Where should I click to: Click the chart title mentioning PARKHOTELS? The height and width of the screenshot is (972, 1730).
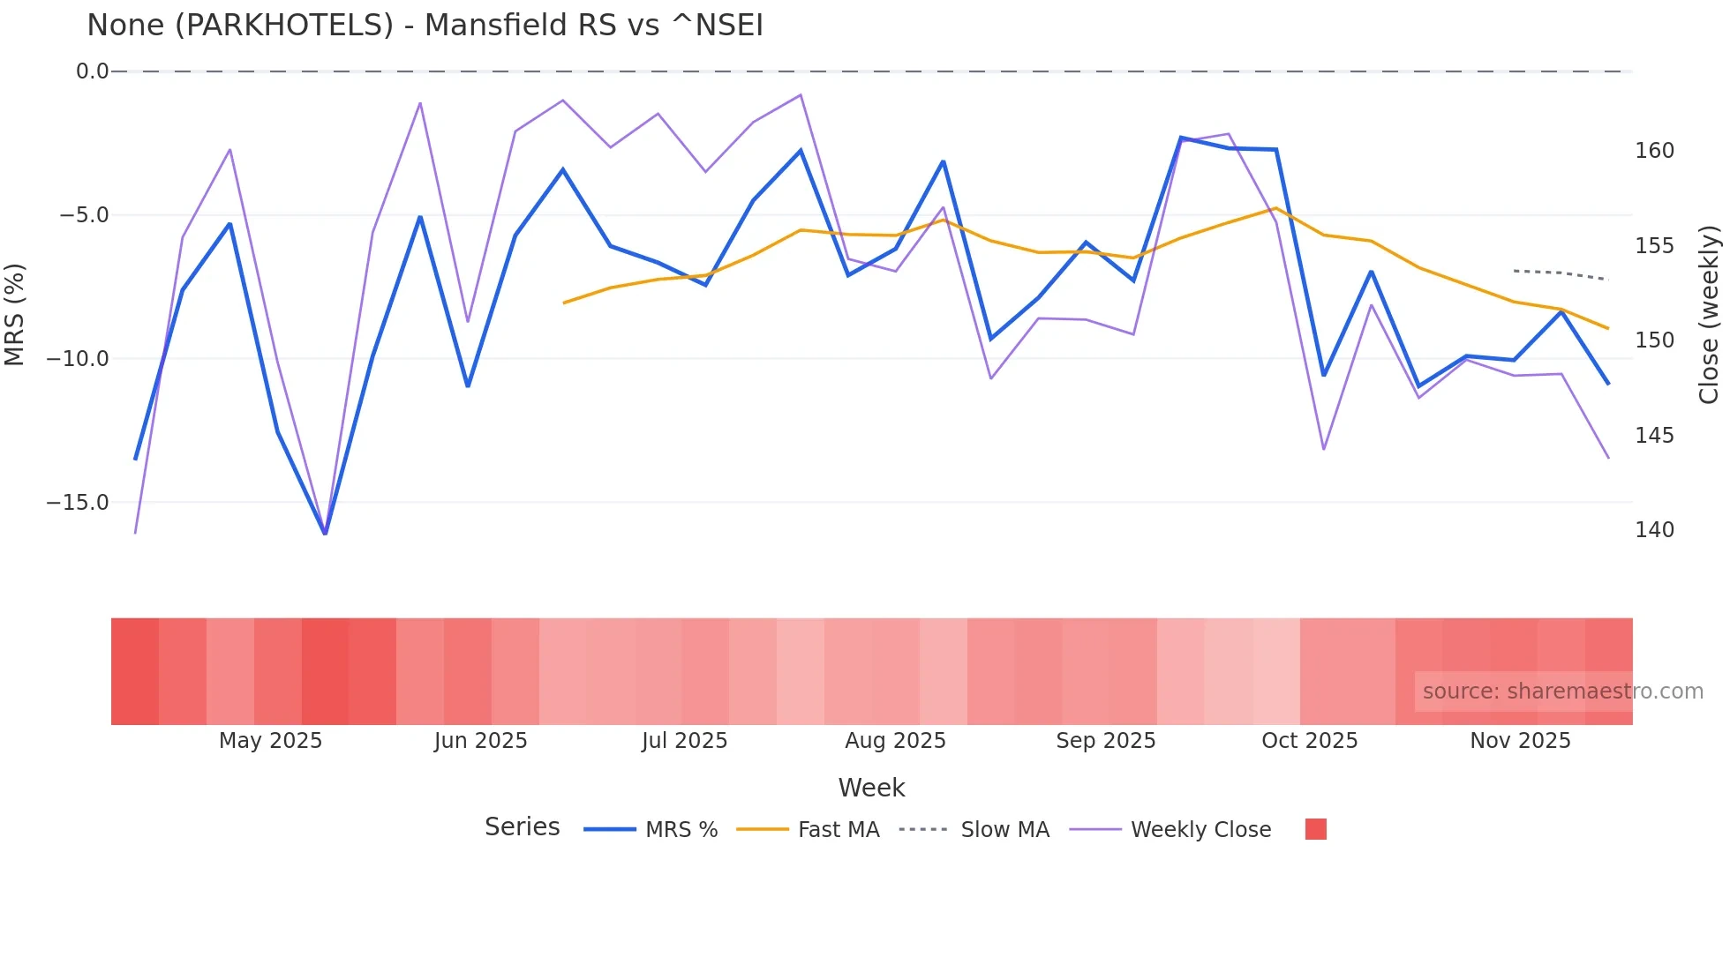point(425,26)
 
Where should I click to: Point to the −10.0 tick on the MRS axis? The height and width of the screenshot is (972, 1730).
point(78,359)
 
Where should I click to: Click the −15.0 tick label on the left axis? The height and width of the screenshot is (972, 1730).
point(78,503)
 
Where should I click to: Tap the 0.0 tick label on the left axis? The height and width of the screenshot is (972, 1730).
point(92,71)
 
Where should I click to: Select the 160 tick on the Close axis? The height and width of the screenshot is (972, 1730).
point(1654,151)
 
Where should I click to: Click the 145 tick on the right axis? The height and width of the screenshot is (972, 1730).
point(1654,436)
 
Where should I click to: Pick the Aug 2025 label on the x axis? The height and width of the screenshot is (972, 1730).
point(895,741)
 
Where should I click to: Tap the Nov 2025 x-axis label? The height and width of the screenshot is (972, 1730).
point(1520,741)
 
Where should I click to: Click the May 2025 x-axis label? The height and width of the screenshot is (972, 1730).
point(270,741)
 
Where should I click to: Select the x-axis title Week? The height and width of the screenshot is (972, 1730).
point(871,788)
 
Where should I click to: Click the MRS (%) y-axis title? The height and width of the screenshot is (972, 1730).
point(15,314)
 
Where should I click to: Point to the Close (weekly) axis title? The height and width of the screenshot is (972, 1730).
point(1709,314)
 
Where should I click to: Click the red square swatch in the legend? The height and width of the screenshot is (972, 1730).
point(1315,829)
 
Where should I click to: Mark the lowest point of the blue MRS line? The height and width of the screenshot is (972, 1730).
point(325,533)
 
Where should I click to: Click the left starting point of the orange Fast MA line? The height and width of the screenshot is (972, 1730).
point(564,303)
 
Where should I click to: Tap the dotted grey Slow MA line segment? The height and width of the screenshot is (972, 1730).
point(1561,273)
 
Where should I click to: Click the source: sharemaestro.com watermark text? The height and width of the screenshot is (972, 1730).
point(1562,692)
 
